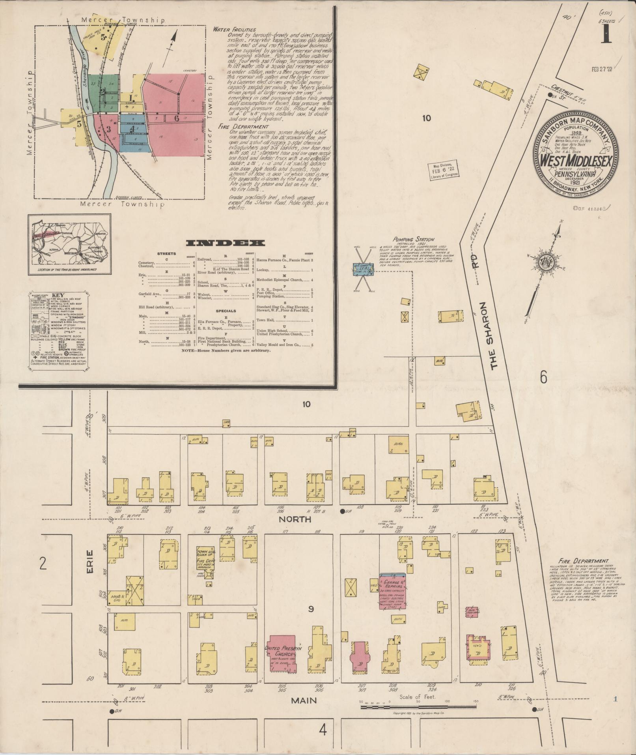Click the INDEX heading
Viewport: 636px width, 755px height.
tap(220, 242)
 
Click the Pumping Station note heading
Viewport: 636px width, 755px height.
tap(413, 239)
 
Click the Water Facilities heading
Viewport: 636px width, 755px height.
tap(234, 30)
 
